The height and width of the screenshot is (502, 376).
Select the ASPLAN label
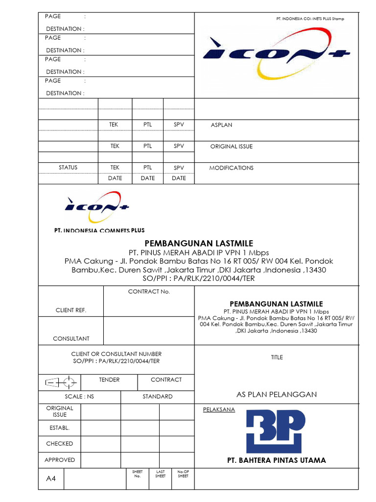click(x=221, y=125)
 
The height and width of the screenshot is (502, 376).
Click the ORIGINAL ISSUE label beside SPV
click(x=232, y=147)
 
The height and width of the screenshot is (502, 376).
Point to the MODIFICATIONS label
click(x=232, y=168)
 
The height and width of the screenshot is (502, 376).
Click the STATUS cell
click(x=68, y=168)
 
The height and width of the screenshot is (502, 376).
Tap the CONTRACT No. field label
click(x=149, y=292)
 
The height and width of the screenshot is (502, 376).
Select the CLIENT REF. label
click(x=71, y=310)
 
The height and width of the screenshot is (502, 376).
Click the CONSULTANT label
click(x=71, y=339)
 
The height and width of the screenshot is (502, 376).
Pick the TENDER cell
click(x=109, y=380)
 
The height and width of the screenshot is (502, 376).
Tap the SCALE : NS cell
click(x=79, y=397)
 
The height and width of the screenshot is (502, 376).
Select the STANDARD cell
click(x=157, y=397)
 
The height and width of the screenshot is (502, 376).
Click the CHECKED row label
click(x=60, y=444)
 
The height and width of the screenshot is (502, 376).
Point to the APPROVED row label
click(x=60, y=460)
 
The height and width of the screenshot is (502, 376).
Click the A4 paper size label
click(x=51, y=478)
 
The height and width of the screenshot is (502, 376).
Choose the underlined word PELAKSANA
click(x=219, y=410)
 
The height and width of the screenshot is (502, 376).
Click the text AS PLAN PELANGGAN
click(x=277, y=395)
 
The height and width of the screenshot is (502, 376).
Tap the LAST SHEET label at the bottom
click(x=160, y=474)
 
